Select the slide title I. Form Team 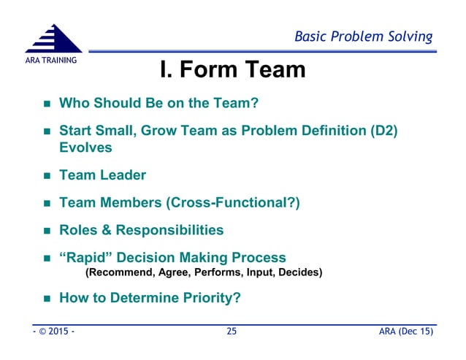(x=232, y=72)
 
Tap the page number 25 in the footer (x=232, y=332)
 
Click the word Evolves (x=85, y=147)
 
